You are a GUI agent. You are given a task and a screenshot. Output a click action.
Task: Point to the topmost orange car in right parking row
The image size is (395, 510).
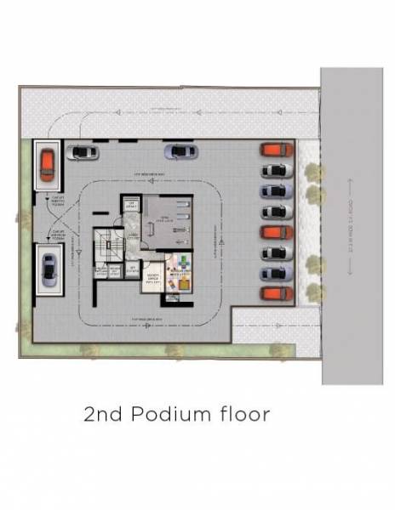[x=272, y=150]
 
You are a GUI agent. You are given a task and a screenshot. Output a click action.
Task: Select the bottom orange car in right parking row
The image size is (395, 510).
[x=272, y=294]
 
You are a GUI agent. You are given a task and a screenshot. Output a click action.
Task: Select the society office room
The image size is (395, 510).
[x=154, y=281]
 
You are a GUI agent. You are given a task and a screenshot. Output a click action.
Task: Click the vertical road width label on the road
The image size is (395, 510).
[x=352, y=221]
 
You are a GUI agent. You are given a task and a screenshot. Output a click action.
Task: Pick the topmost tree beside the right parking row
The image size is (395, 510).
[x=314, y=173]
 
